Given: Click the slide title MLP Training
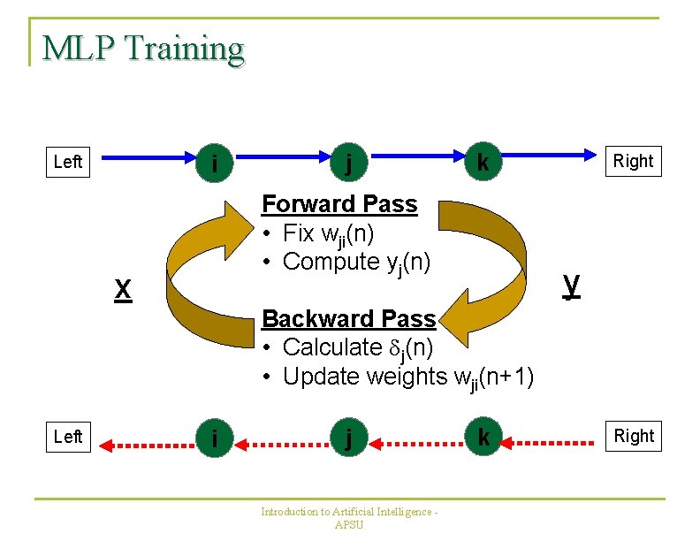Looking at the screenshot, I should pos(142,49).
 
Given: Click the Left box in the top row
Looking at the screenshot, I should pos(68,161).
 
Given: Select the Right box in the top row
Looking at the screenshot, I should pos(634,161).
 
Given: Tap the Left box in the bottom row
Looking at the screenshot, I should pos(68,437).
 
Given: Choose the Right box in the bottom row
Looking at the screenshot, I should pos(634,436).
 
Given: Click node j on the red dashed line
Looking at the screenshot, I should pos(351,438).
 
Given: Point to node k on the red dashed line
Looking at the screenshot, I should pos(483,438).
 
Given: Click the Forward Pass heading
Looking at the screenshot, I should pos(339,204).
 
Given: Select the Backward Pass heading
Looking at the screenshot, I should pos(349,318).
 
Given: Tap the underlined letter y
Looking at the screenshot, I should pos(572,284).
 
